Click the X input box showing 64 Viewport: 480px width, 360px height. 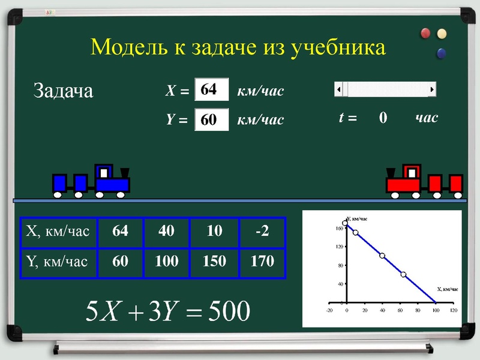click(x=212, y=91)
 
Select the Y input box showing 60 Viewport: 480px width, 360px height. click(x=212, y=119)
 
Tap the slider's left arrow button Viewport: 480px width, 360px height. click(x=339, y=90)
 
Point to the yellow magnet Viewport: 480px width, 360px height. click(x=442, y=34)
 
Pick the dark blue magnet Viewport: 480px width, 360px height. click(x=442, y=53)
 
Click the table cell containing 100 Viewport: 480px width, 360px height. click(x=166, y=262)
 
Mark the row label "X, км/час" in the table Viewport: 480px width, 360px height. click(x=58, y=232)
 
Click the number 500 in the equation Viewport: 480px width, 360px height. click(x=226, y=311)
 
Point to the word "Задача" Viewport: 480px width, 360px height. click(x=63, y=91)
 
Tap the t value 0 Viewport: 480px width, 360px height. click(x=383, y=118)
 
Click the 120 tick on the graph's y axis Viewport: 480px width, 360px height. click(x=339, y=247)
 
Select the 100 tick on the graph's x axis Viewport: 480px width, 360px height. click(x=436, y=311)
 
